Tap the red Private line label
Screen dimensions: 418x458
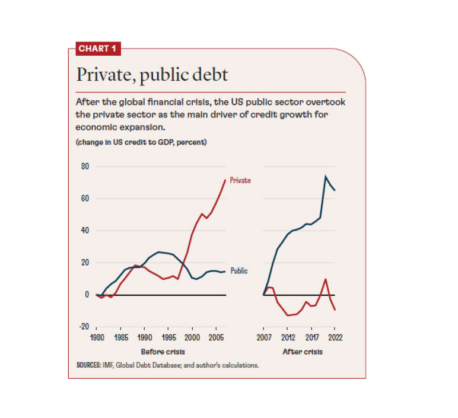tap(240, 180)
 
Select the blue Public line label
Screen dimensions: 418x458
tap(238, 270)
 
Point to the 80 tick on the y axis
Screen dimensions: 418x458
tap(84, 167)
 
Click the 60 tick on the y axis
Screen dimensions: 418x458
tap(84, 199)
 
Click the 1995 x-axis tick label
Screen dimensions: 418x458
tap(168, 339)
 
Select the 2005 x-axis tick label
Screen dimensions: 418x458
tap(215, 339)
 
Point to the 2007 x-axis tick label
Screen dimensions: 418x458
tap(263, 339)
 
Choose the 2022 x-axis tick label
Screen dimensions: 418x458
tap(335, 339)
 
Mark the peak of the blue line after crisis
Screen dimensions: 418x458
tap(326, 176)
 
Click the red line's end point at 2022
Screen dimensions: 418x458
tap(335, 309)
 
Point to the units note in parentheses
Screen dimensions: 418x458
tap(141, 142)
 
